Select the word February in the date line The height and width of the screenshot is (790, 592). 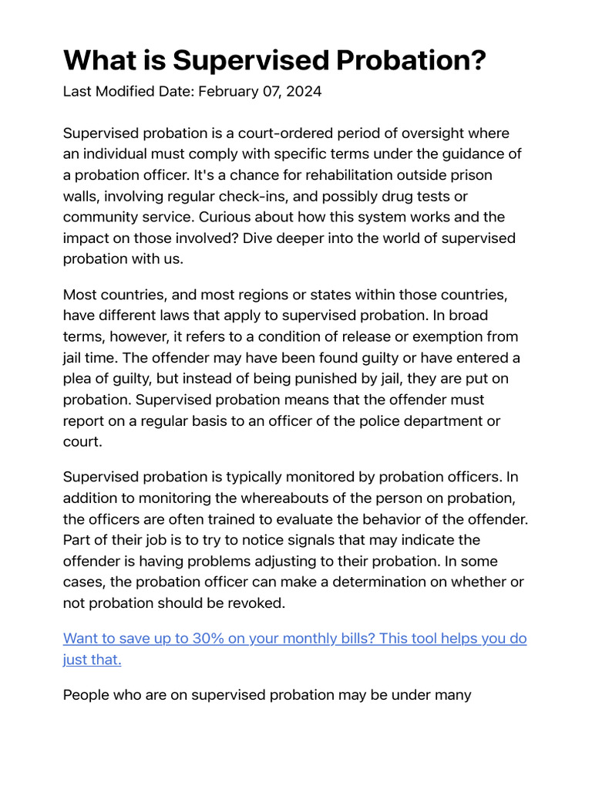pyautogui.click(x=227, y=92)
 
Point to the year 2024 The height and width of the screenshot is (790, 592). pyautogui.click(x=305, y=92)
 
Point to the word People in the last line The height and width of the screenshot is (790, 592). pyautogui.click(x=87, y=695)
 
